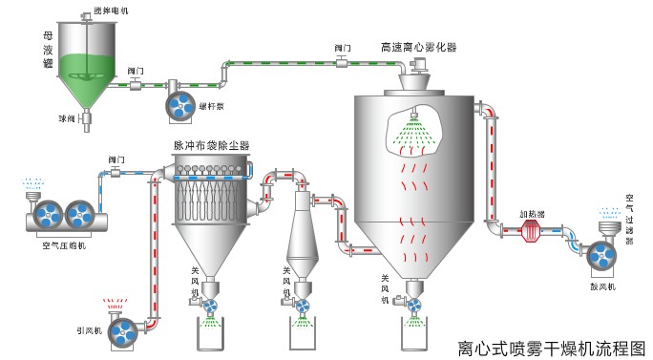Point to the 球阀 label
(65, 119)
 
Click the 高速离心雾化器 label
(418, 46)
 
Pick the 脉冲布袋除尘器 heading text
(211, 145)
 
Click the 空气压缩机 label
(64, 245)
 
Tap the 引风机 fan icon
(123, 330)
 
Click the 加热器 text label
(533, 214)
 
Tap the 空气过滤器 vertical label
(629, 219)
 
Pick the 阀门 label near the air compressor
(116, 159)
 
